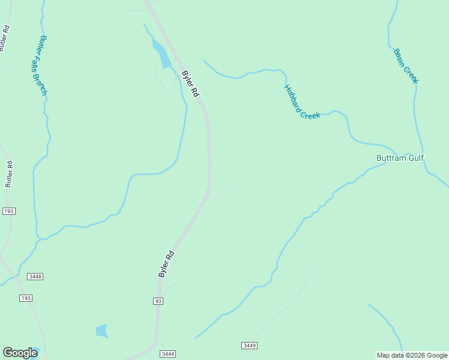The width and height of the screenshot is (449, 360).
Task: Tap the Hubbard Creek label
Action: click(301, 101)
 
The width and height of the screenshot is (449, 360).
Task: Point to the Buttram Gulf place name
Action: click(400, 158)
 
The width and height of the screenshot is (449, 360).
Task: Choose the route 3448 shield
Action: click(35, 277)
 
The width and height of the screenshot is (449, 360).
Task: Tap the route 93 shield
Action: click(158, 301)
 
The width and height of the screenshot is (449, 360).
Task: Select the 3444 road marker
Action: click(168, 354)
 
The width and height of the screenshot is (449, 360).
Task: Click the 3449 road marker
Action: click(250, 346)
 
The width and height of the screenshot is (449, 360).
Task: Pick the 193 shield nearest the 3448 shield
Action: click(25, 298)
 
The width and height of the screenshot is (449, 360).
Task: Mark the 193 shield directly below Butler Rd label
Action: click(8, 211)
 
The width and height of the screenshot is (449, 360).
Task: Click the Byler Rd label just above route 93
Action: click(167, 264)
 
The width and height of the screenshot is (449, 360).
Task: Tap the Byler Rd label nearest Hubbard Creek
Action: click(190, 84)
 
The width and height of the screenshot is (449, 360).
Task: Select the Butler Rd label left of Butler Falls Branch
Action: click(9, 173)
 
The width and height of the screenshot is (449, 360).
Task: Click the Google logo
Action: click(20, 353)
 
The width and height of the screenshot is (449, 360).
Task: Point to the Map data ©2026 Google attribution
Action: click(412, 355)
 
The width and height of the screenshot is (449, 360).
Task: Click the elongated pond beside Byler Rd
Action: click(161, 55)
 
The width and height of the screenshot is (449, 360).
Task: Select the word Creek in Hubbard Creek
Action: click(310, 110)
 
